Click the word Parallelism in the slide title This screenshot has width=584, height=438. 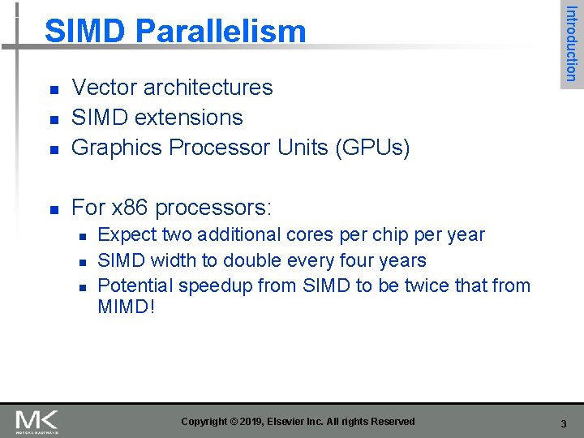click(x=221, y=32)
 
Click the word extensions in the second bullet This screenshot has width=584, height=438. click(x=191, y=118)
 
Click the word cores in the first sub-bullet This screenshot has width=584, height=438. click(x=311, y=235)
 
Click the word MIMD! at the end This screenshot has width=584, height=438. click(x=126, y=309)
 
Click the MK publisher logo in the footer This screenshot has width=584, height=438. click(x=36, y=421)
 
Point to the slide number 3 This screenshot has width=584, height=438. click(x=563, y=423)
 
